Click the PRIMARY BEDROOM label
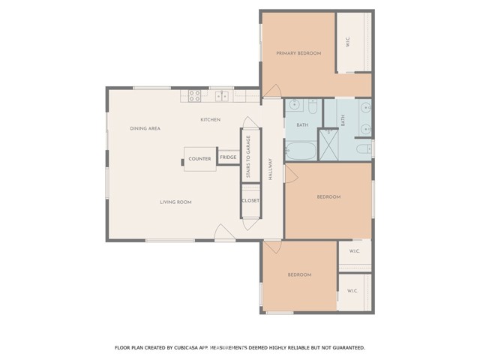click(x=298, y=53)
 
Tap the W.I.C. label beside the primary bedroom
click(x=349, y=43)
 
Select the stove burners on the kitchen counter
click(x=193, y=96)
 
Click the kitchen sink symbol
click(x=222, y=96)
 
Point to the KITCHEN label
click(x=209, y=120)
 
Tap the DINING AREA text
click(x=145, y=128)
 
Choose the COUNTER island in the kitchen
click(x=199, y=158)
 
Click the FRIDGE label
click(x=228, y=157)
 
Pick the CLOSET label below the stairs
click(x=250, y=201)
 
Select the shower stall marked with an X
click(x=328, y=145)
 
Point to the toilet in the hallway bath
click(x=312, y=105)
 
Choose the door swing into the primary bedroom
click(x=272, y=91)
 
